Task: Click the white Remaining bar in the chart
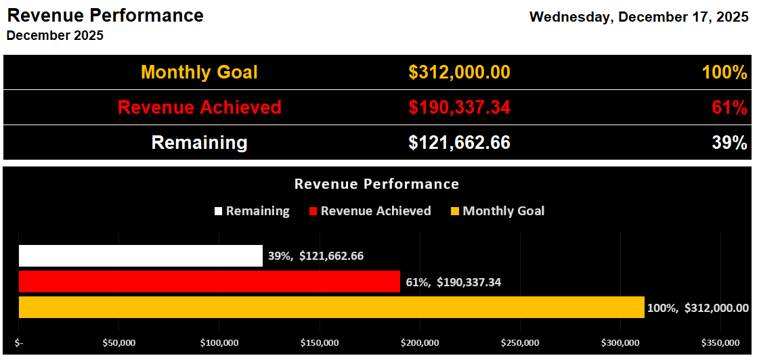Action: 140,256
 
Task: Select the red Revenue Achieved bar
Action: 209,282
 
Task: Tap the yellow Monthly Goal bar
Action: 331,307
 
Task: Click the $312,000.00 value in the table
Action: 459,72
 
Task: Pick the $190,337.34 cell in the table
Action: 459,108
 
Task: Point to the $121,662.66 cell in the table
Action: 459,143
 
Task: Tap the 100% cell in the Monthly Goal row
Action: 724,72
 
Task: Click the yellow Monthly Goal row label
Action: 199,72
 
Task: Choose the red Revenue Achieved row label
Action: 199,108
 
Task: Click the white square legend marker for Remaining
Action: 218,211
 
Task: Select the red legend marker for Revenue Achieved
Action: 313,211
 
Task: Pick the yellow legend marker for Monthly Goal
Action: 455,211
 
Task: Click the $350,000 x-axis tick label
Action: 720,343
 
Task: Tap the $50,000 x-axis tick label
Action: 118,343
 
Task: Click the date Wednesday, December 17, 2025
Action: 638,17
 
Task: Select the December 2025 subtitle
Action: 55,36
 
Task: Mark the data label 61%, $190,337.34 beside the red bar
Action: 453,282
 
